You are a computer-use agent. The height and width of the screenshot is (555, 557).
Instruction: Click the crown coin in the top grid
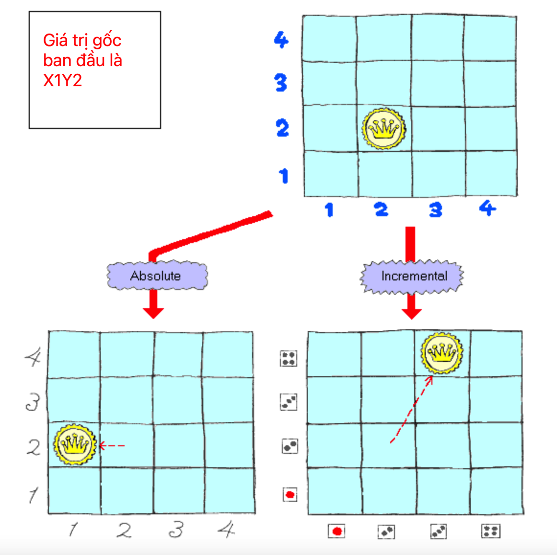coord(383,128)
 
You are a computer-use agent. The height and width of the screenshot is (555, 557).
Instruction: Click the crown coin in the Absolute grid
coord(75,444)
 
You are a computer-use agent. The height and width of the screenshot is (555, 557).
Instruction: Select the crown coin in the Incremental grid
coord(442,353)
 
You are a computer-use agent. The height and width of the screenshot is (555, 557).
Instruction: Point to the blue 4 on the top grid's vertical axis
coord(281,40)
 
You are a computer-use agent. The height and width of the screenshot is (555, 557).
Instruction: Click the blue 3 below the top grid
coord(435,209)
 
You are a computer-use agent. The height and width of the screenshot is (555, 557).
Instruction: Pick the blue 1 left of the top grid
coord(284,176)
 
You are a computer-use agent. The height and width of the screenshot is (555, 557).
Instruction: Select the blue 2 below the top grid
coord(381,209)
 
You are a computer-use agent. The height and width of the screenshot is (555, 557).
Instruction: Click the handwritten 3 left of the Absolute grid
coord(33,402)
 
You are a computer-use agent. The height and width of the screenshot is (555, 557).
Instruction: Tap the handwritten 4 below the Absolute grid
coord(226,530)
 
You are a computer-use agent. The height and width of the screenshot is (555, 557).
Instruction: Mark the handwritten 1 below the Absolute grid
coord(73,530)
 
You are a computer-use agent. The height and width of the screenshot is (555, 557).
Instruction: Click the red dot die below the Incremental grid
coord(337,531)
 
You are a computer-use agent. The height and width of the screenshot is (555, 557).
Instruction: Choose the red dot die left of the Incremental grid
coord(290,494)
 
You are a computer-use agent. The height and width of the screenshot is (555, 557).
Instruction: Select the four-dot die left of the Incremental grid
coord(289,358)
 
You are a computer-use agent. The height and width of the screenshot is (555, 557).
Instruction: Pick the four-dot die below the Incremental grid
coord(490,531)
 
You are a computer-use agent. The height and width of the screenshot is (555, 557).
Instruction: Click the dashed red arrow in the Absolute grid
coord(112,446)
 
